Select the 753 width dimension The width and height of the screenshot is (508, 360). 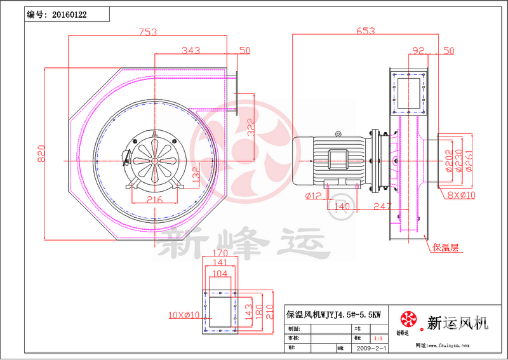[x=148, y=31]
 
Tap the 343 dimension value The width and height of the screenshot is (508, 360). [x=192, y=50]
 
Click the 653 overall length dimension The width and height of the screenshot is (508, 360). [x=365, y=31]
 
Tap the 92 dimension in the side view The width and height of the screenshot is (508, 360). [x=418, y=50]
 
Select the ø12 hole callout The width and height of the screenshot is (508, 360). [x=314, y=194]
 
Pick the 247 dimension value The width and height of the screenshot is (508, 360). [x=381, y=206]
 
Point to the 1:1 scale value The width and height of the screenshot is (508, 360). [x=378, y=339]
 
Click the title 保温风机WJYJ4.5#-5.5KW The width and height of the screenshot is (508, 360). [x=334, y=314]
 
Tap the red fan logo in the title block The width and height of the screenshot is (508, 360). [x=408, y=319]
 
